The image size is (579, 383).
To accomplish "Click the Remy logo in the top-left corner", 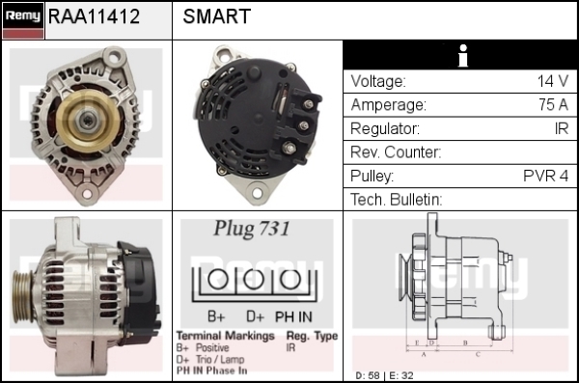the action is point(23,20).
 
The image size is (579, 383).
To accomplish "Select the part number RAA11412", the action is point(94,16).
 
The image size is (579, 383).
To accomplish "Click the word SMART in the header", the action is point(217,16).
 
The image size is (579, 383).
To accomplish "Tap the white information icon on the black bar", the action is point(462,56).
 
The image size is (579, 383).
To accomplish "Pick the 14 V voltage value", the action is point(553,81).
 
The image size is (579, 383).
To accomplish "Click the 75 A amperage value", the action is point(553,105).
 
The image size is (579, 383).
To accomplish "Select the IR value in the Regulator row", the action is point(562,128).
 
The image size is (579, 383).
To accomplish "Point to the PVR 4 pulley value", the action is point(546,176).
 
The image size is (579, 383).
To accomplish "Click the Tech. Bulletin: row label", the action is point(397,200).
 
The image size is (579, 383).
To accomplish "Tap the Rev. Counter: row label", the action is point(396,152).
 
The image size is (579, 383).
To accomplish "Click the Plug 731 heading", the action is point(252,229).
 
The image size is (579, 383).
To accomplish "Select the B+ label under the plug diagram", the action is point(216,316).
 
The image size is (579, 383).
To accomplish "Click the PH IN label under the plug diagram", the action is point(293,316).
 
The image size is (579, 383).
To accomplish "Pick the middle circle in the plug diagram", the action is point(254,280).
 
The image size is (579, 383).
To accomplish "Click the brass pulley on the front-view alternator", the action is point(88,120).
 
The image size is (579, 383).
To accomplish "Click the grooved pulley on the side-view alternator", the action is point(22,296).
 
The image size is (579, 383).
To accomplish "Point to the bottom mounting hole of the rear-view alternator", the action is point(257,193).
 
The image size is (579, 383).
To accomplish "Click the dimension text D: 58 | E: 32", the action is point(384,375).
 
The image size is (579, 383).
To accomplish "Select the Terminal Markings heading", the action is point(225,336).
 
